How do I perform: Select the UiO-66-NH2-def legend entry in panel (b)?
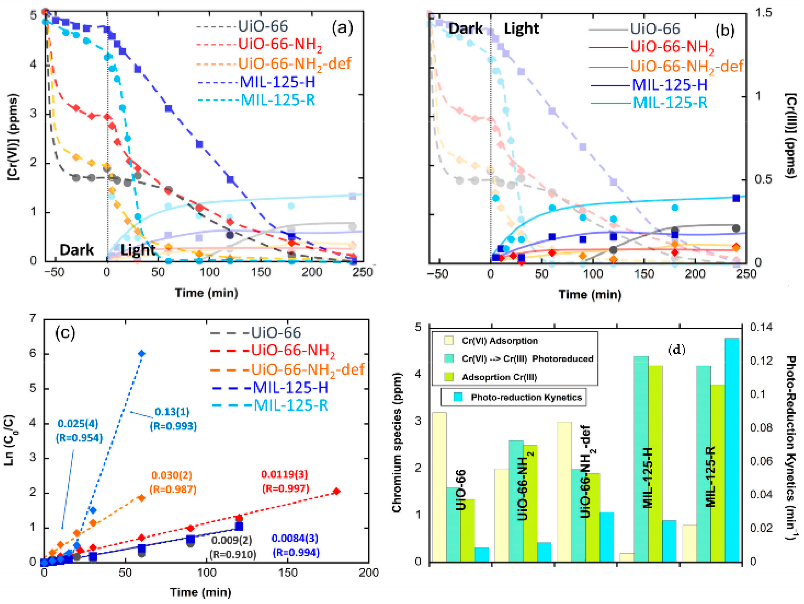[686, 66]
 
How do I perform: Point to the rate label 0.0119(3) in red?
[284, 474]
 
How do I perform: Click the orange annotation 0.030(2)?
[172, 475]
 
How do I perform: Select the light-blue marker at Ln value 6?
[142, 354]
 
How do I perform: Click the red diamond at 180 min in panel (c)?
[337, 491]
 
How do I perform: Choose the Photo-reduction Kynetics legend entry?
[526, 397]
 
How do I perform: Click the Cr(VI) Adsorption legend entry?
[500, 341]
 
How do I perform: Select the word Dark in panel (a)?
[76, 250]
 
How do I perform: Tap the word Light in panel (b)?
[521, 28]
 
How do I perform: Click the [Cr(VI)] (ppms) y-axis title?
[13, 137]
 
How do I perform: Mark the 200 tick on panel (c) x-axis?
[369, 573]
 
